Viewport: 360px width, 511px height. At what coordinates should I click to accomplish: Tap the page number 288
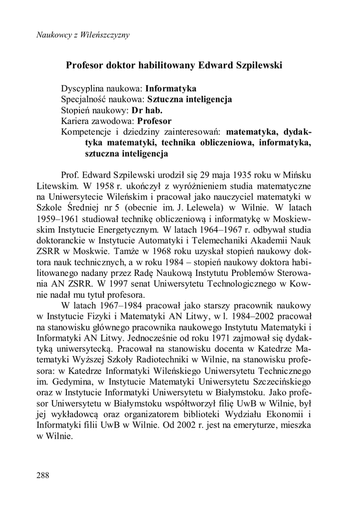coord(43,475)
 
